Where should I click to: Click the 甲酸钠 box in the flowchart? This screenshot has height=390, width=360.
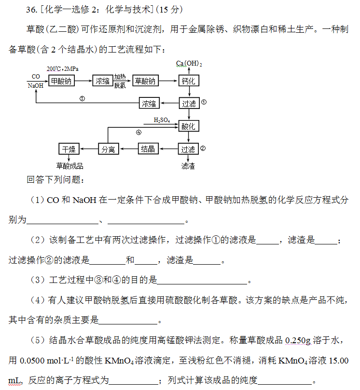coord(61,81)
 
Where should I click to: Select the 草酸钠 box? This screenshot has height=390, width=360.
coord(146,81)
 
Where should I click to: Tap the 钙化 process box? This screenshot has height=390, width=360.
coord(189,81)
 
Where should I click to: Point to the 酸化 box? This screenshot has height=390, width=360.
coord(189,126)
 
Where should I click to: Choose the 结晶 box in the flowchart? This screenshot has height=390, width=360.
coord(148,149)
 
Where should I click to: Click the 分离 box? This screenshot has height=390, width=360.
coord(109,149)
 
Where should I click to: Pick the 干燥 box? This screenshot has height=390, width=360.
coord(69,149)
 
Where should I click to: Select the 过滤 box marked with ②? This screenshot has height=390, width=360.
coord(189,149)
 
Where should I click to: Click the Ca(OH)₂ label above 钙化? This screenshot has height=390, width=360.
coord(189,64)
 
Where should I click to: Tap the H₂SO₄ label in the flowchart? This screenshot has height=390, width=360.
coord(162,120)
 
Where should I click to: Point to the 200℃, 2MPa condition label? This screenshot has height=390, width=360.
coord(62,68)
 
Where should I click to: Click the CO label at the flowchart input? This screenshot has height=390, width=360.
coord(36,76)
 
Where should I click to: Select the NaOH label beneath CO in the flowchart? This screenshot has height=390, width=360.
coord(36,85)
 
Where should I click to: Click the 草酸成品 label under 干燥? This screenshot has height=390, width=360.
coord(69,166)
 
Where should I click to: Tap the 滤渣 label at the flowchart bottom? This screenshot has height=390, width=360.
coord(188,166)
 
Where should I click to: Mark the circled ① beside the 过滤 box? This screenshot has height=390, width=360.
coord(204,102)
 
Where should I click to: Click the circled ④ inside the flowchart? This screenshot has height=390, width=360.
coord(138,132)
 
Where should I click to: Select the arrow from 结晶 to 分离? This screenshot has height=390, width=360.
coord(129,149)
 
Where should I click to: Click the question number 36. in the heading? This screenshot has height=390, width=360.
coord(32,10)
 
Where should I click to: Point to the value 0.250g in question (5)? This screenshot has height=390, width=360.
coord(298,340)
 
